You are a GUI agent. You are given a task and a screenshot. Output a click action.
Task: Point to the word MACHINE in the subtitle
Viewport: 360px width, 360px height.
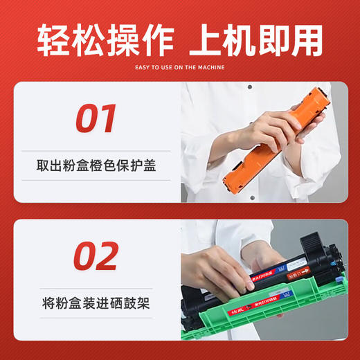(x=213, y=67)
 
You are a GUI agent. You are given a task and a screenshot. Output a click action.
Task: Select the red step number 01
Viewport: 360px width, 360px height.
(x=96, y=118)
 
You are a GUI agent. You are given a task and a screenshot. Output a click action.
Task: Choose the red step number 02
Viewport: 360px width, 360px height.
(x=96, y=256)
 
